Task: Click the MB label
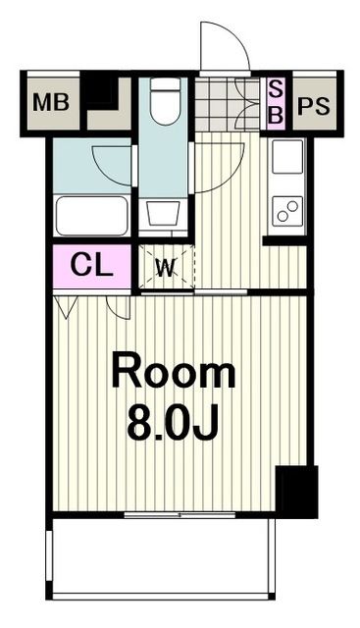tap(49, 103)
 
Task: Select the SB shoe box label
tap(276, 103)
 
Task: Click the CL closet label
tap(91, 266)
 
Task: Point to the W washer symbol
tap(165, 268)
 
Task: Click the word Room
tap(173, 373)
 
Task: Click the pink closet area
tap(91, 266)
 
